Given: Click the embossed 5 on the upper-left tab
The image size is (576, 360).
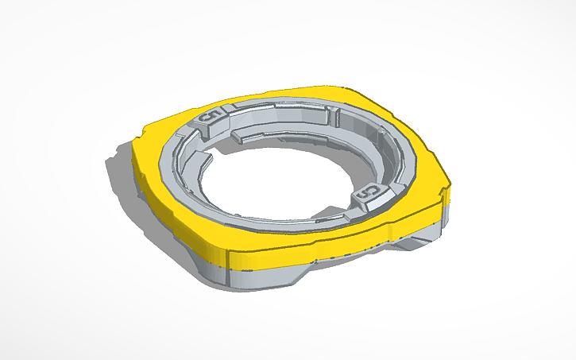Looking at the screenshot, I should pos(211,118).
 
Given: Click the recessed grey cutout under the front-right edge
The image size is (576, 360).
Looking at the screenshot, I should pos(350,258).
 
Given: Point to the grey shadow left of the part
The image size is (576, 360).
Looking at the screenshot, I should pos(119,167).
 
